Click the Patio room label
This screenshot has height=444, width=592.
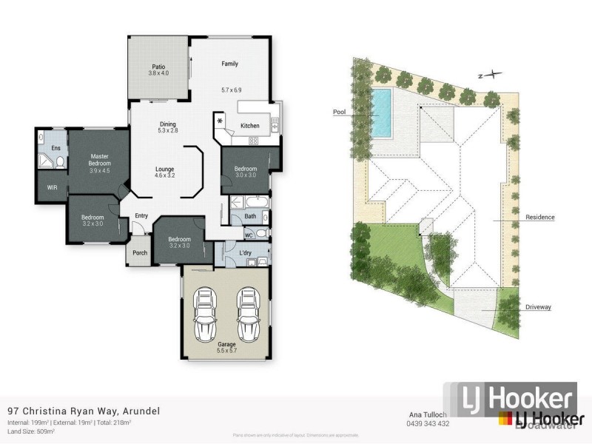click(159, 65)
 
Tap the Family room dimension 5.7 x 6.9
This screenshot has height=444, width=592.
click(232, 90)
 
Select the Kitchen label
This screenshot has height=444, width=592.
click(250, 126)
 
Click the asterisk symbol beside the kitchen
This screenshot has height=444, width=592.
click(220, 120)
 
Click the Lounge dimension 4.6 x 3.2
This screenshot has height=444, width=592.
click(164, 176)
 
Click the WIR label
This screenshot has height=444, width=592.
click(53, 188)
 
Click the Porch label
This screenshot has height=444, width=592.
click(140, 252)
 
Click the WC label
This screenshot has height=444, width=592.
click(249, 235)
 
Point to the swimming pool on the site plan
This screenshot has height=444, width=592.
click(382, 113)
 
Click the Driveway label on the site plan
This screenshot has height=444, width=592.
click(539, 306)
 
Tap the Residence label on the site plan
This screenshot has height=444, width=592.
click(539, 217)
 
